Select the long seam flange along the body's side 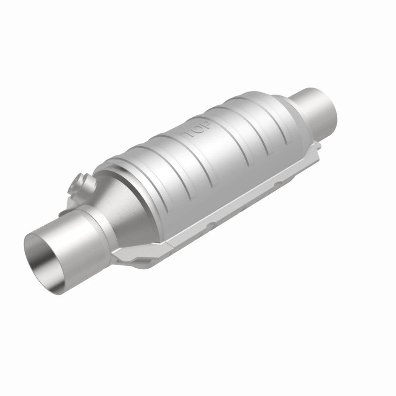pyautogui.click(x=238, y=206)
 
